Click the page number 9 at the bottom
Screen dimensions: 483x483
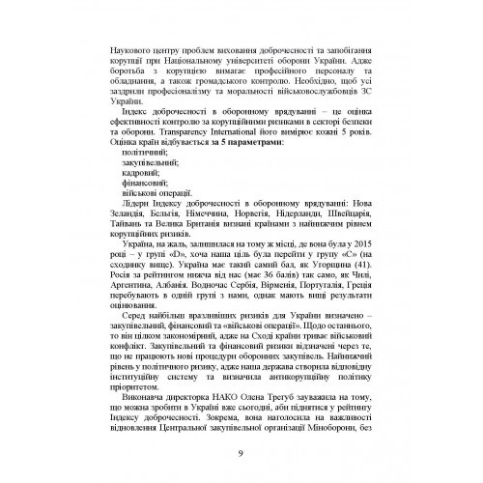pyautogui.click(x=241, y=457)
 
